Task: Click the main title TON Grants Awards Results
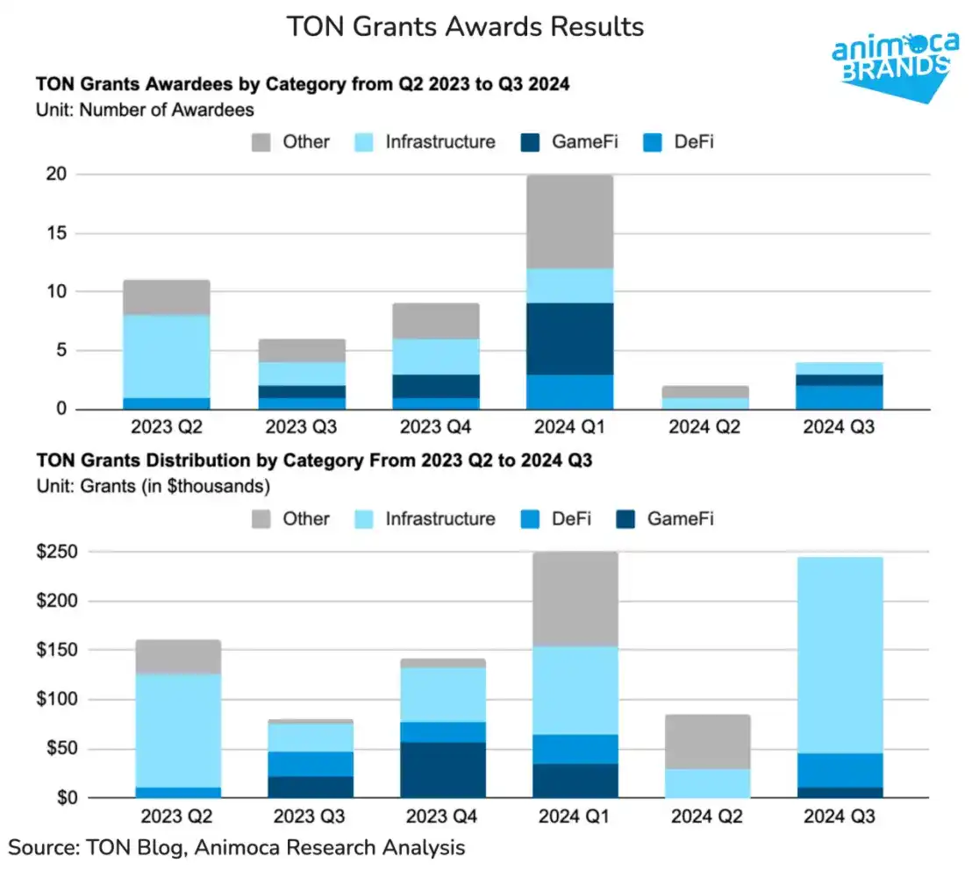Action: point(466,26)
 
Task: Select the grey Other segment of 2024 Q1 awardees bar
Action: point(570,221)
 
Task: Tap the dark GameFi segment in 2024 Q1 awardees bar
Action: point(570,339)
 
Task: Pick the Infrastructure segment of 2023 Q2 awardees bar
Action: point(167,356)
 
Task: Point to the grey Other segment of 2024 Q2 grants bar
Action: point(707,742)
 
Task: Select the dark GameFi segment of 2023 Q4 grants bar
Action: point(442,770)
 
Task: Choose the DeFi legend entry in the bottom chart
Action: point(553,518)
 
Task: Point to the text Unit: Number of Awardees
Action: point(145,110)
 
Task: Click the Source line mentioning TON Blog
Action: point(237,847)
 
